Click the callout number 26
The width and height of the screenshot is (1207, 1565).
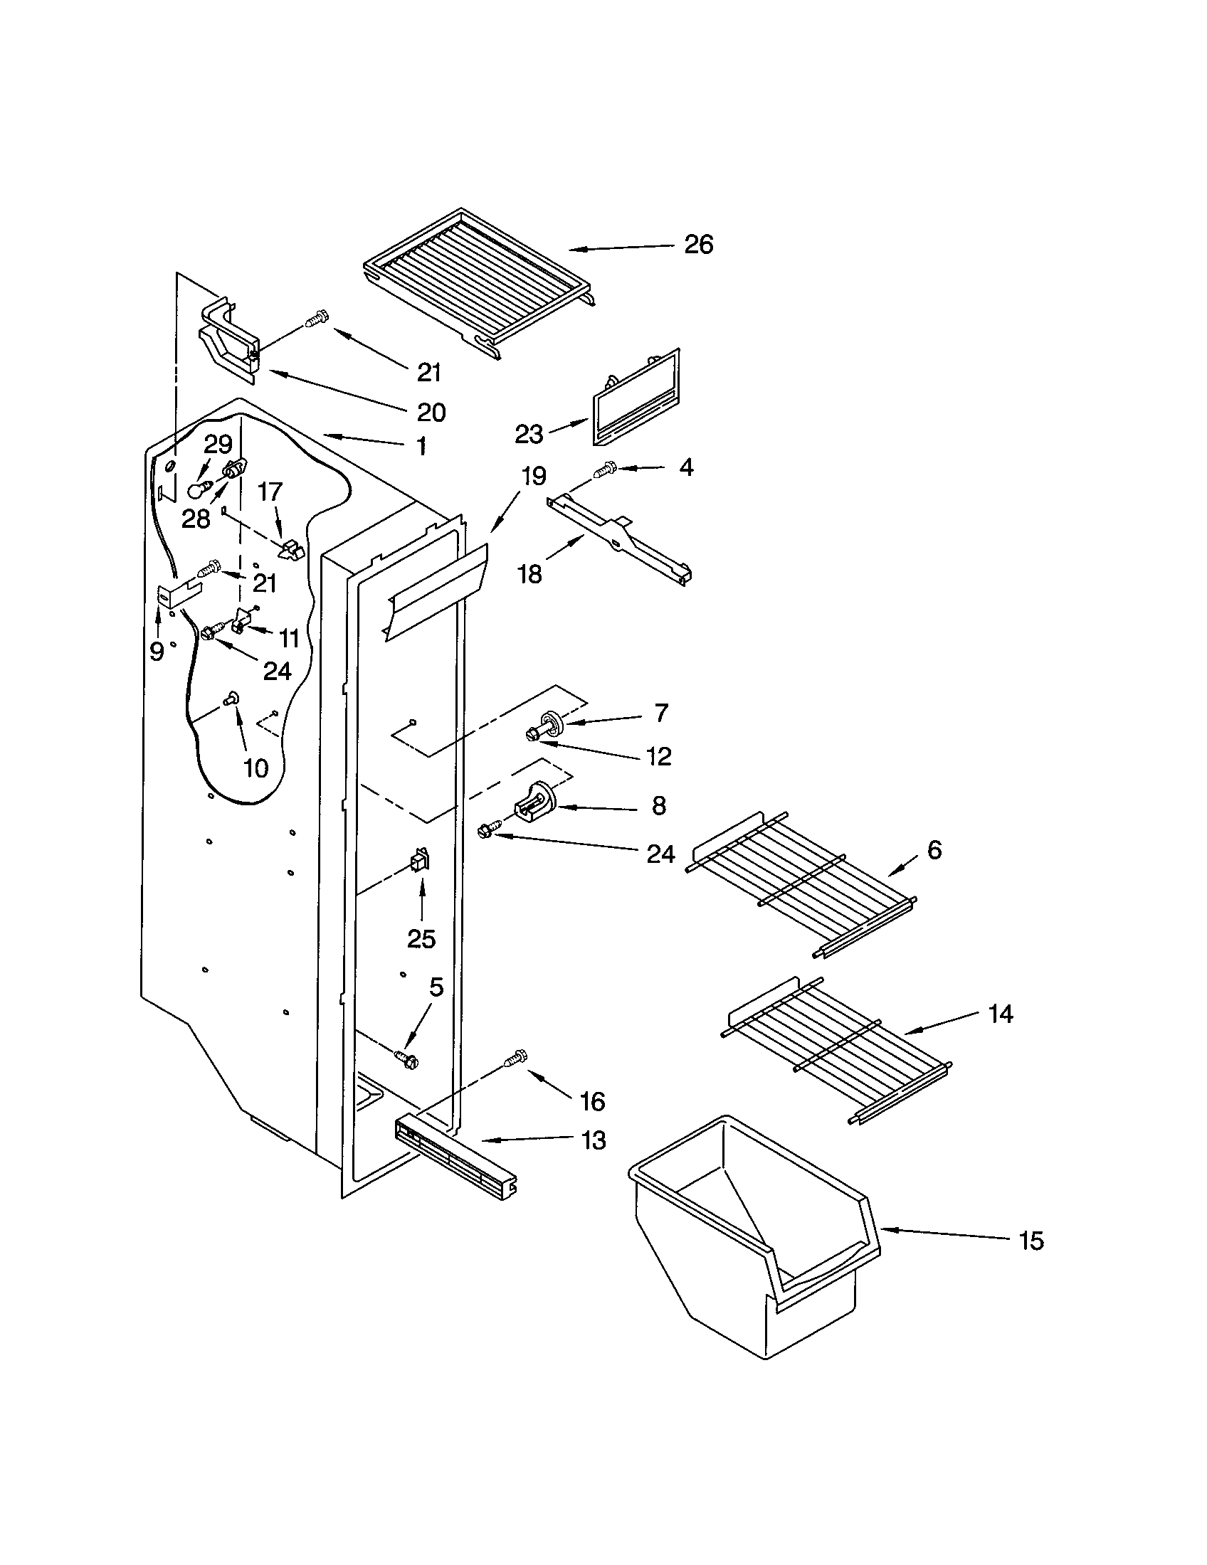[x=698, y=245]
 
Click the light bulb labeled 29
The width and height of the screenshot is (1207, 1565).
[x=198, y=491]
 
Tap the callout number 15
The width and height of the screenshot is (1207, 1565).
[x=1031, y=1241]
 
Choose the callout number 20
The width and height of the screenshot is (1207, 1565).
[x=431, y=412]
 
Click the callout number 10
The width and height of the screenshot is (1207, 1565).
[x=255, y=768]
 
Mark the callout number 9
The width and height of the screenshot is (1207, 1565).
[x=157, y=651]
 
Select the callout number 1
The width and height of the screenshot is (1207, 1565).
[x=421, y=446]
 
